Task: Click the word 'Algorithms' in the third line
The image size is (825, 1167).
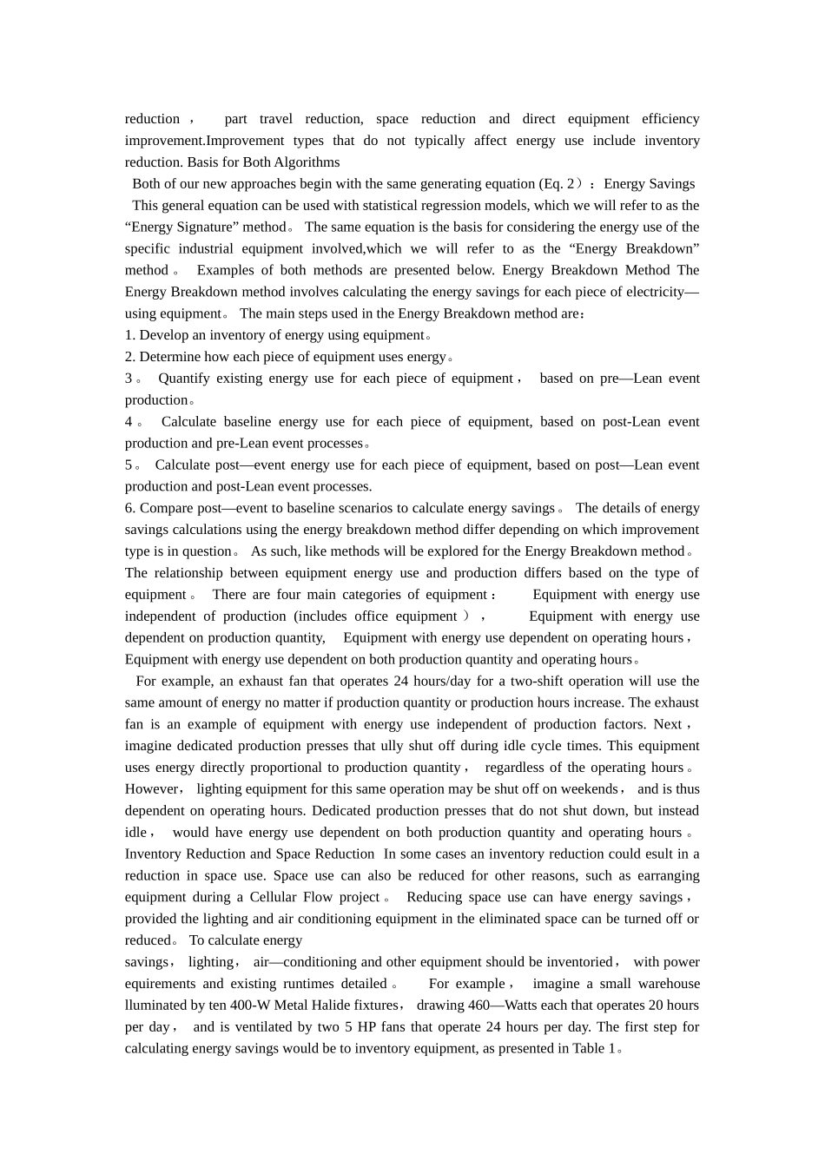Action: click(307, 162)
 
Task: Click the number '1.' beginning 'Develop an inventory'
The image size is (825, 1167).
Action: click(130, 335)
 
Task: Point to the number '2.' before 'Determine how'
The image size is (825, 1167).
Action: click(130, 357)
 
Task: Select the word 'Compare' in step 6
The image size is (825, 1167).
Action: click(167, 508)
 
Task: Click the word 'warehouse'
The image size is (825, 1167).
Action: click(669, 984)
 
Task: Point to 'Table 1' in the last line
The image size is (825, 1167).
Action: click(593, 1049)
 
